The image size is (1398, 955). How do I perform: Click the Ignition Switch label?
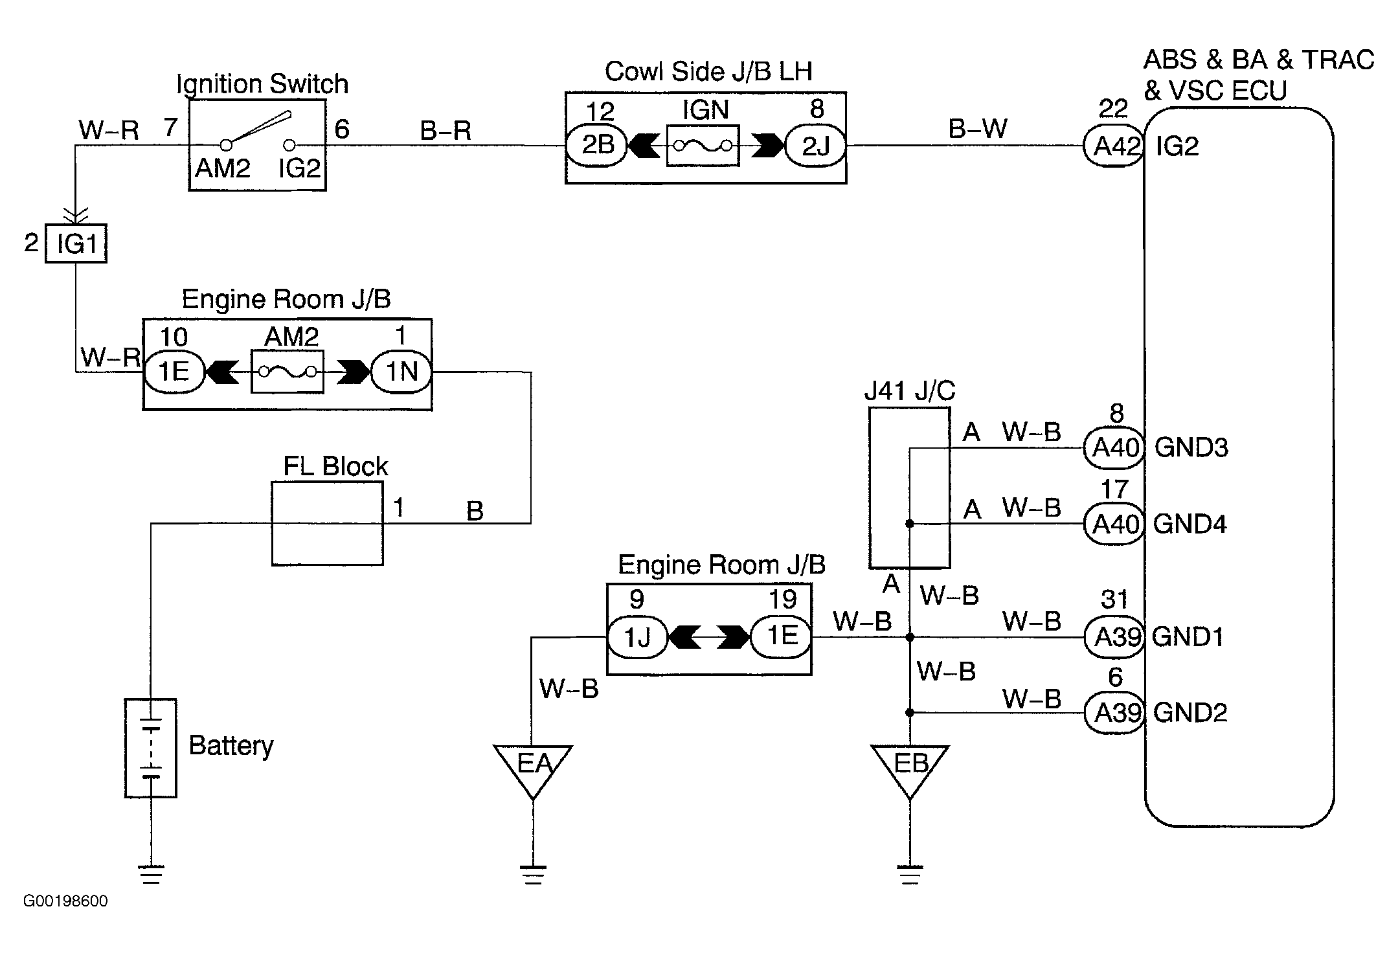[262, 84]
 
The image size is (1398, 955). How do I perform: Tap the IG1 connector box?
[76, 244]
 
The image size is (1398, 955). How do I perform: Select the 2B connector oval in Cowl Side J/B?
[597, 145]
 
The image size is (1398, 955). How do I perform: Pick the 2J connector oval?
[815, 146]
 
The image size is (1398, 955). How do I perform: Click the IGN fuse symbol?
[703, 146]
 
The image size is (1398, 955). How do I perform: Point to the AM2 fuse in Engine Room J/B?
[287, 372]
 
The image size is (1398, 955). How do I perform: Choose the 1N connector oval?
[401, 372]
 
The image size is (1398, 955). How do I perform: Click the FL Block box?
[327, 523]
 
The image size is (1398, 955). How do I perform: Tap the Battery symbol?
[151, 748]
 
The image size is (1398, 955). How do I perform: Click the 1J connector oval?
[637, 638]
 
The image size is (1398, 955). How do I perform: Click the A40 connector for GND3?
[1114, 447]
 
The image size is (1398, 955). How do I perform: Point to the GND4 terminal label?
[1190, 524]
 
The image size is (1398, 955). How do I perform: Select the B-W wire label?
[978, 129]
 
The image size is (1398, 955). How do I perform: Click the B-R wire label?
[445, 131]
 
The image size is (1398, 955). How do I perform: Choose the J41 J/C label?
[909, 391]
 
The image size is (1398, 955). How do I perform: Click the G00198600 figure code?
[65, 901]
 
